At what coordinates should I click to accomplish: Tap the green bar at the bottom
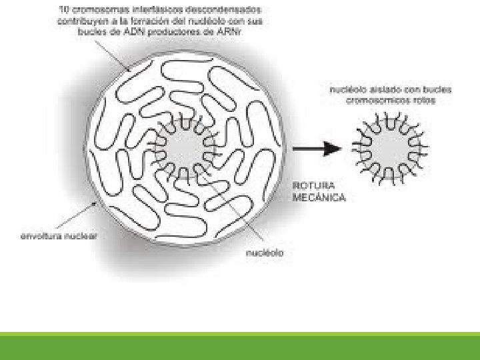(x=240, y=347)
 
